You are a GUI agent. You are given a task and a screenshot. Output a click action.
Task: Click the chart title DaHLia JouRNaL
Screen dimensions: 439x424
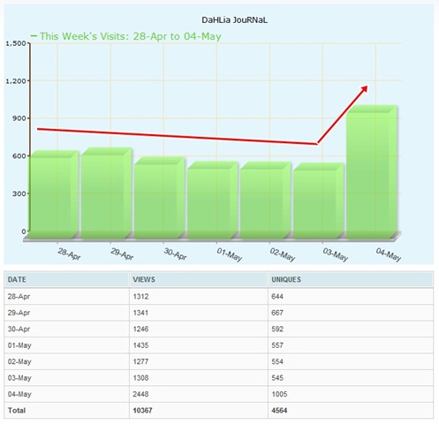[234, 20]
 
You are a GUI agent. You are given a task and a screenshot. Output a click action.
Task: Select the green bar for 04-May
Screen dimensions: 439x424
[372, 171]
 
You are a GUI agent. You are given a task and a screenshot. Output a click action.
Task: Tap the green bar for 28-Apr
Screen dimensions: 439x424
[55, 194]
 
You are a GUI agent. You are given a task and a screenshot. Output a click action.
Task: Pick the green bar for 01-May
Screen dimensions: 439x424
[213, 200]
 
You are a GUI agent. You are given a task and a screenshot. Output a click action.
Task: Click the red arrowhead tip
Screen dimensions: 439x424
[367, 86]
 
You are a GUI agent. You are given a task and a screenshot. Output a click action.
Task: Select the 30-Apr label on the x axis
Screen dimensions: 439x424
[175, 254]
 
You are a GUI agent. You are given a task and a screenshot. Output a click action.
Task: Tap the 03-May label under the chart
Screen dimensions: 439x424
[336, 254]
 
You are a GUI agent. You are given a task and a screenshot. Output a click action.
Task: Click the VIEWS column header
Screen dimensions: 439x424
[144, 279]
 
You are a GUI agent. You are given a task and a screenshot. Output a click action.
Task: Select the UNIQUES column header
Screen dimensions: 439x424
[286, 279]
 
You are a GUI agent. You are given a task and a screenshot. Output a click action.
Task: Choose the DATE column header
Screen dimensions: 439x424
[17, 279]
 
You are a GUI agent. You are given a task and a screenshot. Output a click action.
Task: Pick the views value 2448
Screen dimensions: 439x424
[140, 394]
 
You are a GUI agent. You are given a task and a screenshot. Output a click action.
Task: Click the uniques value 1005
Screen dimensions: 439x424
[279, 394]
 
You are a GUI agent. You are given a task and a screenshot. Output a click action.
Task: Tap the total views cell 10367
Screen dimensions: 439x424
[142, 410]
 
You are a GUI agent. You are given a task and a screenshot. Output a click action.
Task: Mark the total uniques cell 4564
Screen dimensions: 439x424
[279, 410]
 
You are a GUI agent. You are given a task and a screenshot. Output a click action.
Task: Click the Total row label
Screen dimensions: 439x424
[17, 410]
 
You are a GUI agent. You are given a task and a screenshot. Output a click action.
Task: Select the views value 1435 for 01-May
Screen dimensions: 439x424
[140, 345]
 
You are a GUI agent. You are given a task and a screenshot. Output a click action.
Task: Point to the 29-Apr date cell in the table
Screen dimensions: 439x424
[19, 313]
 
